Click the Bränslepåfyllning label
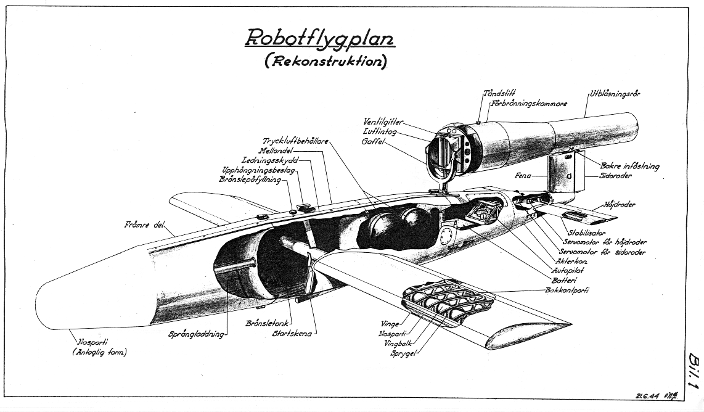(x=250, y=179)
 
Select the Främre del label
(x=144, y=225)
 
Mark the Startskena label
(x=293, y=334)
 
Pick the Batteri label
(x=565, y=280)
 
